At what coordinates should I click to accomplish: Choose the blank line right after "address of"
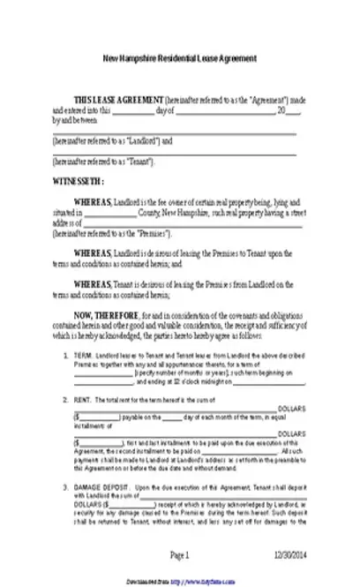pyautogui.click(x=186, y=224)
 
